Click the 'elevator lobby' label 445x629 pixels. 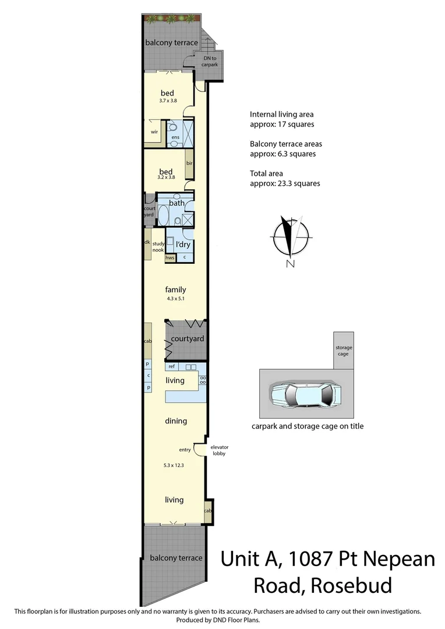(218, 450)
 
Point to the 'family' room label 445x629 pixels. (175, 289)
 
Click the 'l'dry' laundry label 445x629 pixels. (183, 245)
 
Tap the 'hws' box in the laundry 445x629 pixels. (170, 257)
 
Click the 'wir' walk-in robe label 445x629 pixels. (154, 132)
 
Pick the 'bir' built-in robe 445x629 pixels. (189, 163)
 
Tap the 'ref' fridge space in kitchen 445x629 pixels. (172, 366)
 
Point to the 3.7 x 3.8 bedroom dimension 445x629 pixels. (168, 101)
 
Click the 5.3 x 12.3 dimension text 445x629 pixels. (174, 465)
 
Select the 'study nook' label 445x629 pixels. (158, 246)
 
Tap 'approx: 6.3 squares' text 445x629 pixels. (282, 154)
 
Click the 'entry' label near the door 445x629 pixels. (185, 450)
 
